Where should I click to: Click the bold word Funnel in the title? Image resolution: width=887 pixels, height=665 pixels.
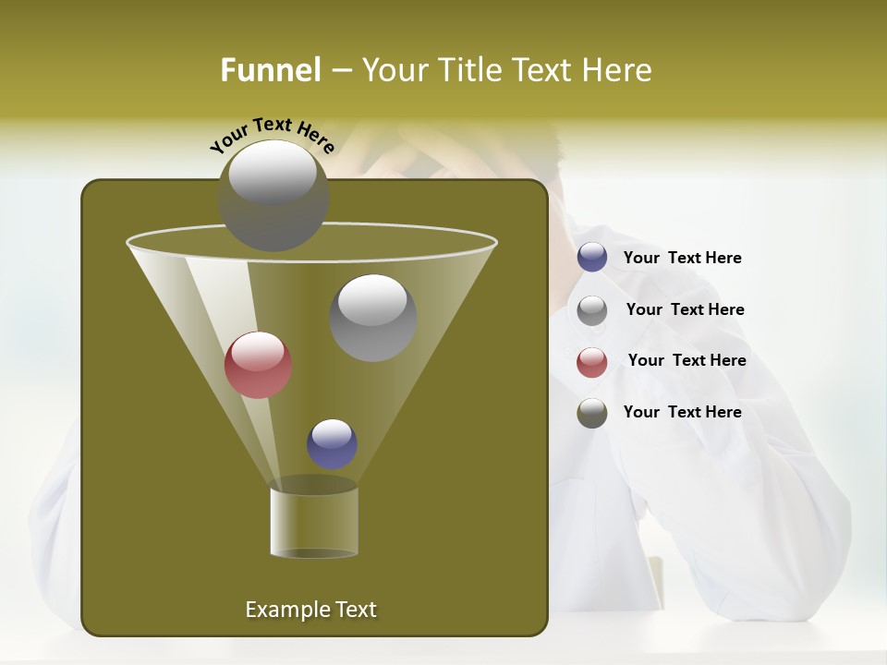[271, 70]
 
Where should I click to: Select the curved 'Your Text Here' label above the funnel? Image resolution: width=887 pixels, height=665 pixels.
[273, 135]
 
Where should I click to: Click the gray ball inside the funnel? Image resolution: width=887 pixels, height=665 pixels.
[372, 319]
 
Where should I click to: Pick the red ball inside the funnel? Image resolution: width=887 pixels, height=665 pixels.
[258, 365]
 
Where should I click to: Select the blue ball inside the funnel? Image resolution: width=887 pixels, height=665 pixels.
[332, 444]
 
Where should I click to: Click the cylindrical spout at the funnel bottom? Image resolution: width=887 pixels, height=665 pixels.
[314, 522]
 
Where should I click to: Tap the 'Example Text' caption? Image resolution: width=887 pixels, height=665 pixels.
[310, 610]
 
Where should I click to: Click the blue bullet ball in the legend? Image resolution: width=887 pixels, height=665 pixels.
[592, 258]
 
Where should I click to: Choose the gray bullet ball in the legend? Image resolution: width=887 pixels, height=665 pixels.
[592, 309]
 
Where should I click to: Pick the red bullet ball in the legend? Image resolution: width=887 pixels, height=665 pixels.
[592, 361]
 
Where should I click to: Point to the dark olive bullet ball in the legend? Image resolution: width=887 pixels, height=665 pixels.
[592, 413]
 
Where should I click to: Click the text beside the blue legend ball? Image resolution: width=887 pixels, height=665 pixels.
[682, 258]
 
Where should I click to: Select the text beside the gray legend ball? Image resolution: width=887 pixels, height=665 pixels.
[685, 309]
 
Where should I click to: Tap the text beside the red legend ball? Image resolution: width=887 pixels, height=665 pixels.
[687, 360]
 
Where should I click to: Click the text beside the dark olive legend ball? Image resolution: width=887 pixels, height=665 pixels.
[682, 412]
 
